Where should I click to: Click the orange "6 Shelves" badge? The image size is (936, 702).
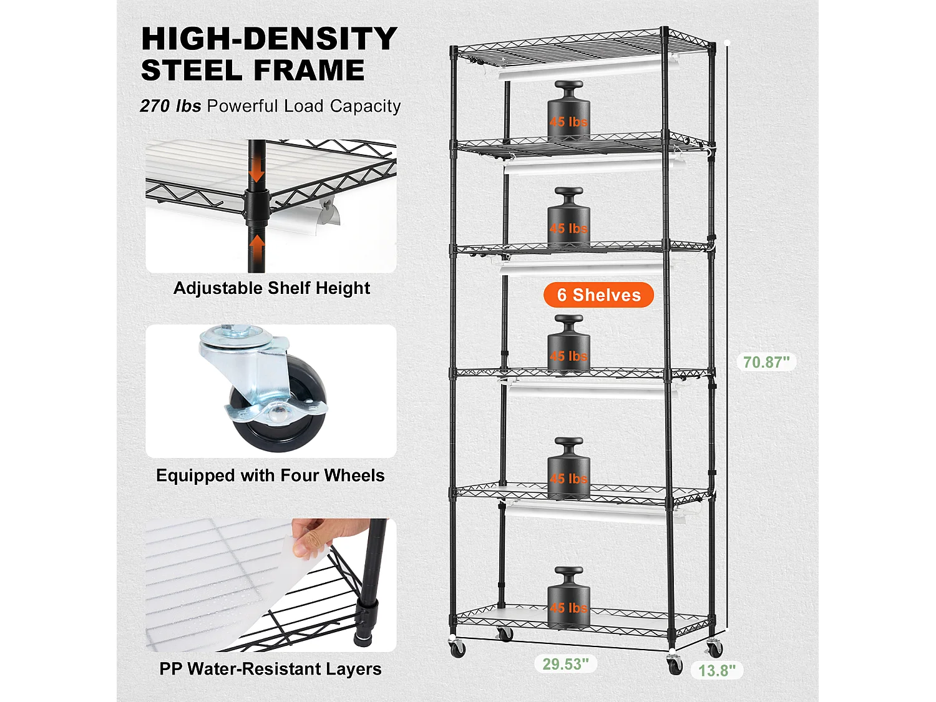click(x=598, y=295)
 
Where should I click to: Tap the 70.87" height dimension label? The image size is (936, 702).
click(x=766, y=362)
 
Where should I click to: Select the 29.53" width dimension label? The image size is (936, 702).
click(x=565, y=664)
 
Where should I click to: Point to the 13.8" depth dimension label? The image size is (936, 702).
click(x=717, y=670)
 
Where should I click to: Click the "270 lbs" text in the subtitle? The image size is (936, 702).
click(x=170, y=106)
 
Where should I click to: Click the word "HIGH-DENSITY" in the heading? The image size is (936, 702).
click(x=270, y=38)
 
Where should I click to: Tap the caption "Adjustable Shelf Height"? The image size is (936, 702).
click(x=271, y=288)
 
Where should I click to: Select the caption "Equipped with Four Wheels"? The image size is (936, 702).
click(x=270, y=475)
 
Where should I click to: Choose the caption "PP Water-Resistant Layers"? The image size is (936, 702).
click(x=270, y=669)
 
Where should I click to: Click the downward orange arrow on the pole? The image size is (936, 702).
click(x=256, y=172)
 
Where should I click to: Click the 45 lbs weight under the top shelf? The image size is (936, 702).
click(x=569, y=111)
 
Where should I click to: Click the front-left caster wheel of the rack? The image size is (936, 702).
click(x=457, y=648)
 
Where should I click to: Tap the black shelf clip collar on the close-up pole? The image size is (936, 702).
click(x=257, y=207)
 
